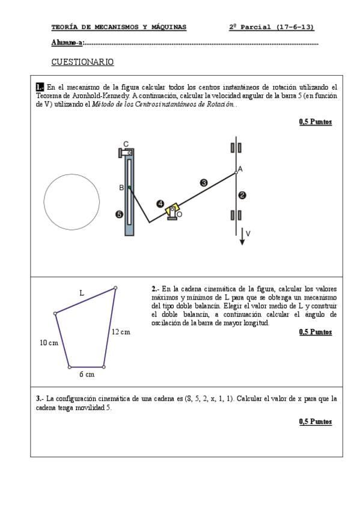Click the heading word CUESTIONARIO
(82, 62)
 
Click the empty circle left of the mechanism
(72, 174)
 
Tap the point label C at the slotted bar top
(126, 144)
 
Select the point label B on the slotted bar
(121, 188)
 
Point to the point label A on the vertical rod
(240, 169)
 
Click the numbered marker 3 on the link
(204, 183)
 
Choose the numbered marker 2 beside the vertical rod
(242, 195)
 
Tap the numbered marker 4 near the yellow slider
(160, 204)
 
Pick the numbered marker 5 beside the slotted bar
(120, 214)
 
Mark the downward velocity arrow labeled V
(242, 236)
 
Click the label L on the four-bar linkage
(82, 293)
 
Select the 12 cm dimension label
(121, 332)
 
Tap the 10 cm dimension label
(49, 343)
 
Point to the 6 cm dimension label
(87, 374)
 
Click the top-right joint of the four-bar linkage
(115, 288)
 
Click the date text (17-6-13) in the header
(295, 27)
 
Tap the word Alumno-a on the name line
(67, 43)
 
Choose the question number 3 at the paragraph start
(38, 399)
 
